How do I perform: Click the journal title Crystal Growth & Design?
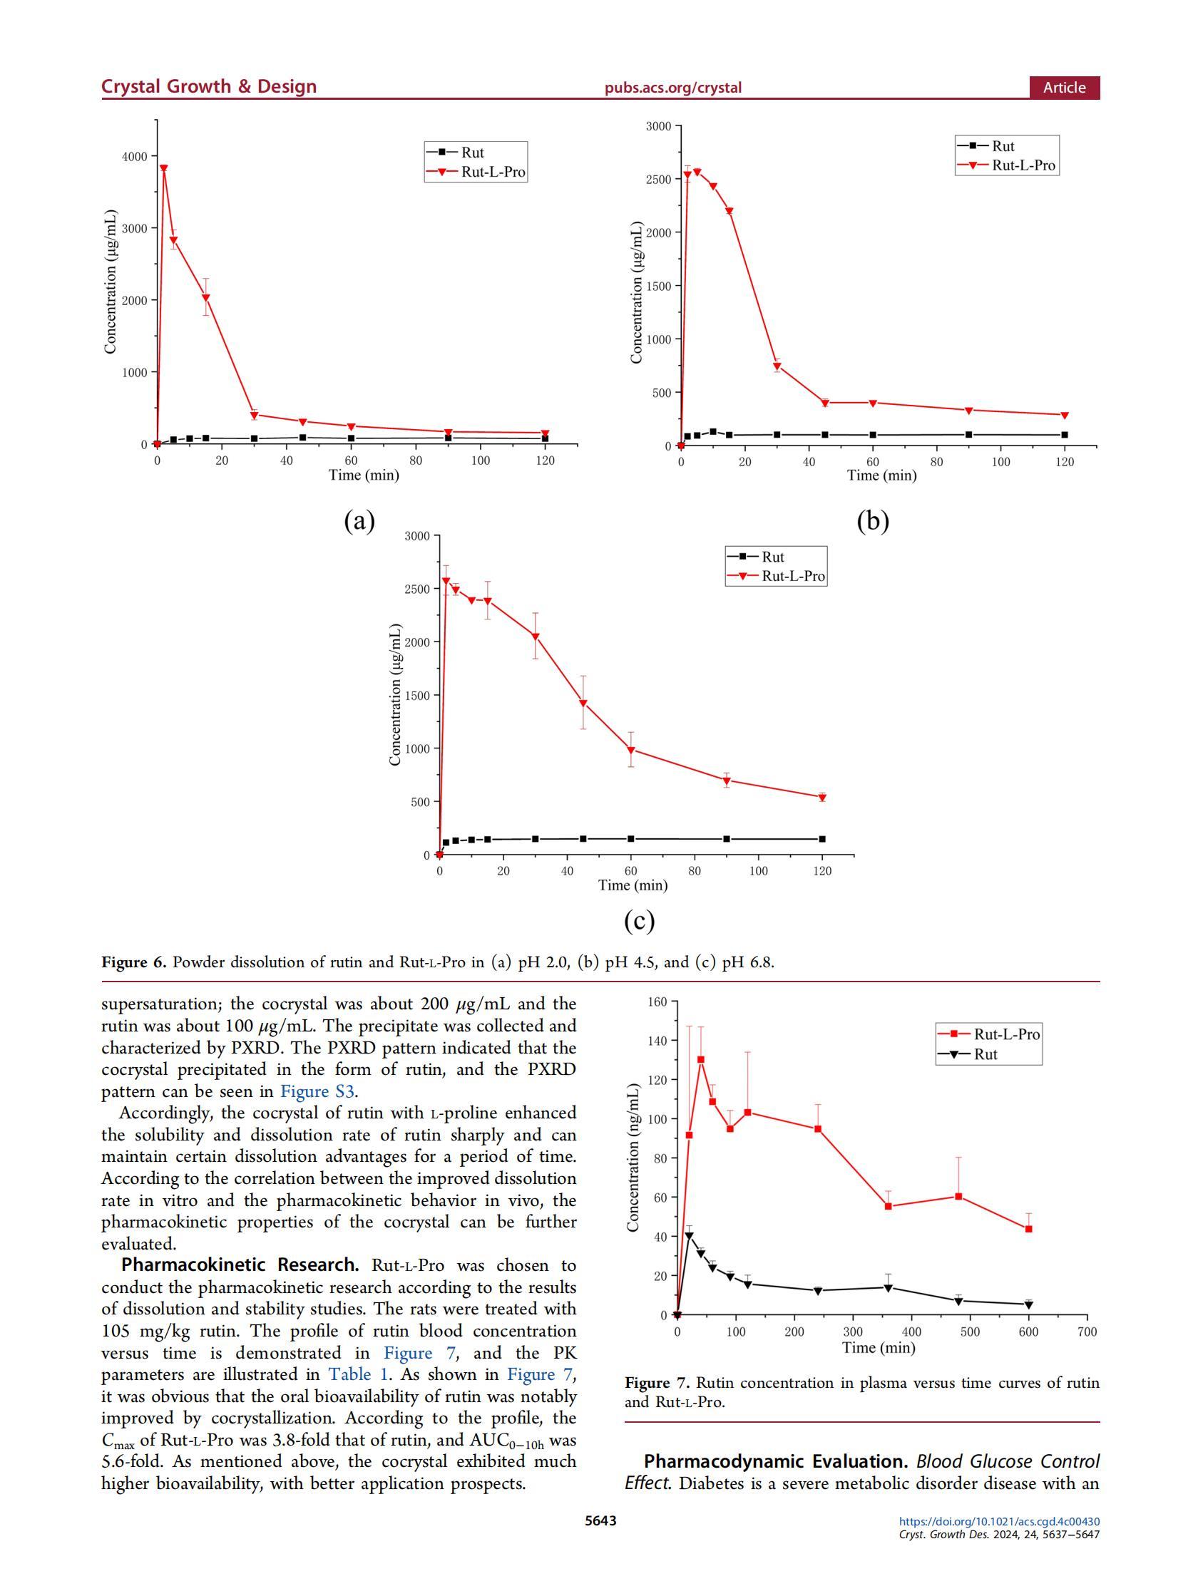(x=209, y=87)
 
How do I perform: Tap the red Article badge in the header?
(x=1064, y=88)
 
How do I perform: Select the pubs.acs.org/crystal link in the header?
(x=672, y=88)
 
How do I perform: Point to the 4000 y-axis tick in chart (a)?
(x=134, y=156)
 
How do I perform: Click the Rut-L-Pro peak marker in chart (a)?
(x=163, y=168)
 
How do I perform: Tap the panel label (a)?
(x=359, y=520)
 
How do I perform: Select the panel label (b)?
(x=872, y=520)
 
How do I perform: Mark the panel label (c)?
(x=639, y=921)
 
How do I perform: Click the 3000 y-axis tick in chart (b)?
(x=657, y=127)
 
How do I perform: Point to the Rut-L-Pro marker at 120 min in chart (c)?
(x=822, y=798)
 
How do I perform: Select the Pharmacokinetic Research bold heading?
(x=240, y=1265)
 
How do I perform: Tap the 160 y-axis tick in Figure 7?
(x=657, y=1001)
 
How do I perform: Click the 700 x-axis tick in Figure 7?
(x=1087, y=1332)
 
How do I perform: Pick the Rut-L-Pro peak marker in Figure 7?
(x=701, y=1060)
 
